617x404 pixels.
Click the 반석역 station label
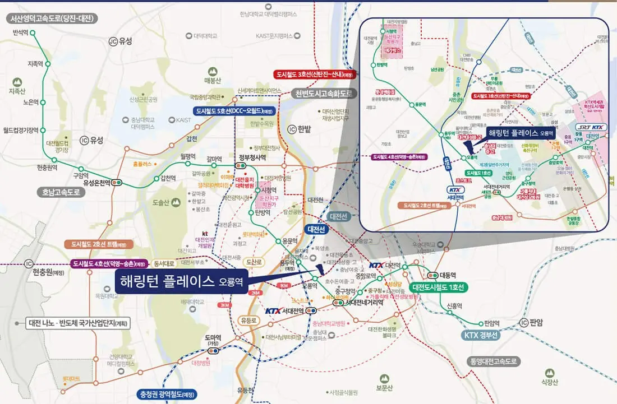click(x=21, y=32)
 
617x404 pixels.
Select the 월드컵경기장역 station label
click(x=21, y=130)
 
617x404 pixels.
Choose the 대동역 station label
click(x=449, y=275)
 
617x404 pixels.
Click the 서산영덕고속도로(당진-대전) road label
click(x=52, y=18)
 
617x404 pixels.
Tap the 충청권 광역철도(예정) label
click(x=167, y=393)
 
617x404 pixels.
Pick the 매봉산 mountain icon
click(x=213, y=72)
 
